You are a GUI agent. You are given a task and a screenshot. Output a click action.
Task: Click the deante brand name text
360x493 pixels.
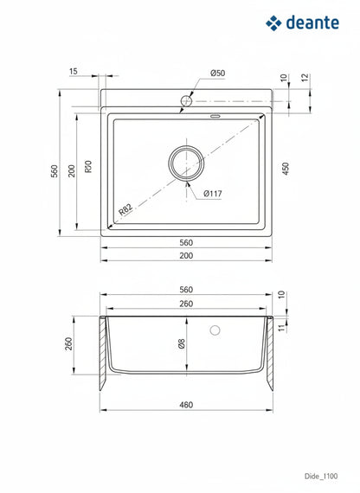coord(312,22)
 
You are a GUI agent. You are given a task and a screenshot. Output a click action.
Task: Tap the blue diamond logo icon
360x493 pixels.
coord(273,23)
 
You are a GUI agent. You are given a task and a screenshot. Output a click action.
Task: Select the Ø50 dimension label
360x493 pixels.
coord(218,73)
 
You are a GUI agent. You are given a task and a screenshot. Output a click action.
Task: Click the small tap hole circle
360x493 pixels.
coord(186,101)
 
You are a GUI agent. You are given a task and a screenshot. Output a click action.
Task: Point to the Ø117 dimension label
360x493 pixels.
coord(213,194)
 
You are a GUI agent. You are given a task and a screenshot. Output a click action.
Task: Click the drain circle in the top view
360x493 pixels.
coord(186,146)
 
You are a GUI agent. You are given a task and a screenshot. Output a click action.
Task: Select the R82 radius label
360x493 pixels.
coord(125,209)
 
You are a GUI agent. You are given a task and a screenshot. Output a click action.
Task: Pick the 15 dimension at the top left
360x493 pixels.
coord(74,72)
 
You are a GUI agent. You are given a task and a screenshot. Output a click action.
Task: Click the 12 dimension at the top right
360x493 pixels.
coord(305,78)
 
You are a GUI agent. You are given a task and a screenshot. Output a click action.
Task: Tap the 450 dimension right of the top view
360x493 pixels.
coord(285,169)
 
